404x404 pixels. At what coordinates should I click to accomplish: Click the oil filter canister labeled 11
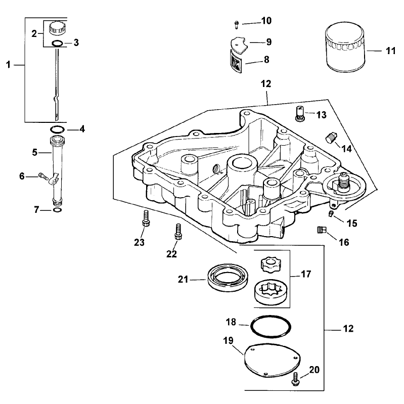coord(345,47)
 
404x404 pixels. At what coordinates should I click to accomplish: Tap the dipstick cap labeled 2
coord(59,28)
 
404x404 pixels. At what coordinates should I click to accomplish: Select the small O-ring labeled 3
coord(57,43)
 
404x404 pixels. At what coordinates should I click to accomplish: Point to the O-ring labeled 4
coord(57,129)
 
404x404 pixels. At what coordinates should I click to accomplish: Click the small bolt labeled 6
coord(43,176)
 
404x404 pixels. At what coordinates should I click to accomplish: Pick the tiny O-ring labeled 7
coord(57,210)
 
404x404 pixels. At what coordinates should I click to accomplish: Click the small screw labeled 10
coord(237,24)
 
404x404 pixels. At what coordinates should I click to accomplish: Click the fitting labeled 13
coord(300,113)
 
